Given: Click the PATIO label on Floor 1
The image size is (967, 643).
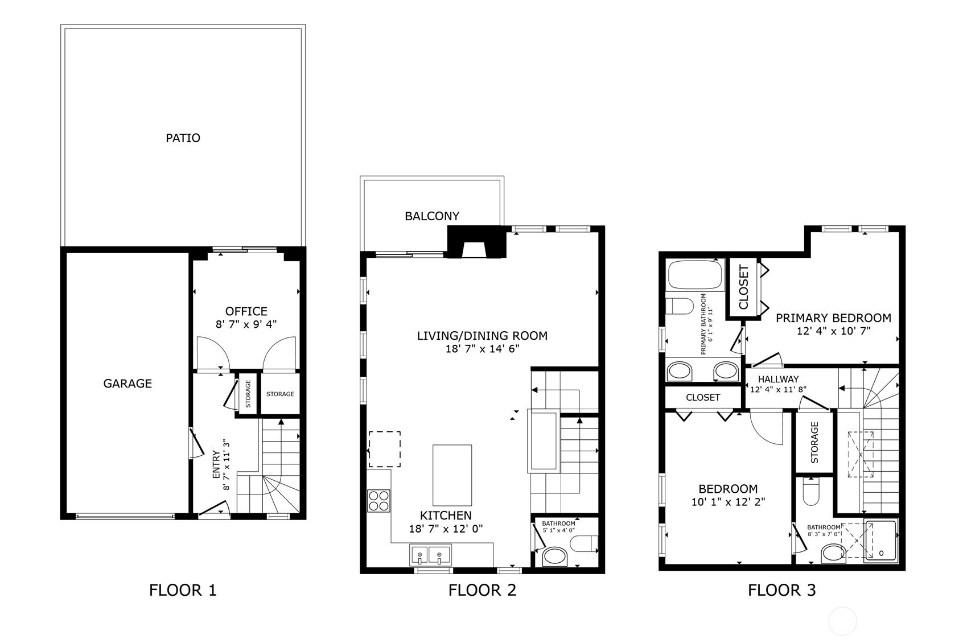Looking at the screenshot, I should point(183,138).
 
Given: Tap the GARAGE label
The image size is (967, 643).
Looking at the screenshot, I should point(127,384).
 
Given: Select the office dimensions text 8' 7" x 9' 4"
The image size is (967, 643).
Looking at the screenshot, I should point(246,324).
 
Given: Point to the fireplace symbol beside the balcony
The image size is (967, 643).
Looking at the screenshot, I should point(476,244).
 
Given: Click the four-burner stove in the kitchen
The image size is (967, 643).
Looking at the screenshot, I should point(379,500).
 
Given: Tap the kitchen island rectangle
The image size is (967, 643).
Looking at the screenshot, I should point(452,475).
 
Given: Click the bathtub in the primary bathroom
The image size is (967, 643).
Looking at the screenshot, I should point(694,275).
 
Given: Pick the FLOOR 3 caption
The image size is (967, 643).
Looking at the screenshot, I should point(781,590).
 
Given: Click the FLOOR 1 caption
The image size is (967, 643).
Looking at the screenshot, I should point(183,590).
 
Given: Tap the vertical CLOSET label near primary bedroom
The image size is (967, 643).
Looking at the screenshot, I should point(743,287).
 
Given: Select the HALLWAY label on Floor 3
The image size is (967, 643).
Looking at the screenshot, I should point(778,379).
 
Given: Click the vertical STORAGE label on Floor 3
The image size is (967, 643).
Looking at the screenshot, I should point(814,442).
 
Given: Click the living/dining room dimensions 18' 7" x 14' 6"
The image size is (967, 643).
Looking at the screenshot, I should point(482,349).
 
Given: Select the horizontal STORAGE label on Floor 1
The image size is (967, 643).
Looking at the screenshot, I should point(280,394).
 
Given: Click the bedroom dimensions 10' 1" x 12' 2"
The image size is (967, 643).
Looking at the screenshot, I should point(728,502).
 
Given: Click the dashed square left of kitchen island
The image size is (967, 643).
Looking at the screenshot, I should point(384,449).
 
